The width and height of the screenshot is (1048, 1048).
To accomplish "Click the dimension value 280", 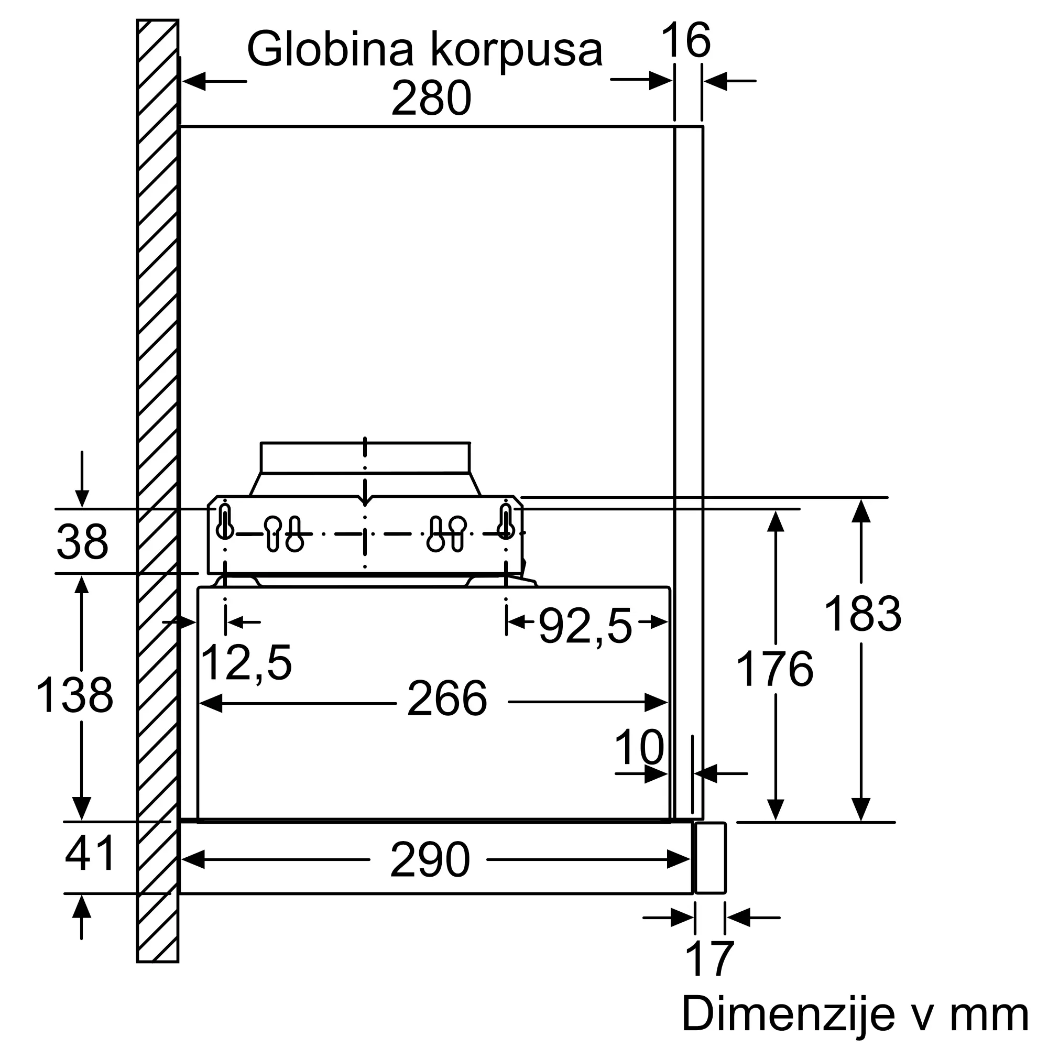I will [431, 99].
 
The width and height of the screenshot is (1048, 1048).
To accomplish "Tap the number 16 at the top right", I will [685, 41].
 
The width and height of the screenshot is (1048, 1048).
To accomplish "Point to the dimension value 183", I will [863, 614].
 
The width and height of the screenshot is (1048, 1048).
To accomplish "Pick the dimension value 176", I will [774, 669].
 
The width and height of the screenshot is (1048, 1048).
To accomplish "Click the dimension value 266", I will [447, 699].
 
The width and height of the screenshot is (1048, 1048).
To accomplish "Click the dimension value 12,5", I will [246, 662].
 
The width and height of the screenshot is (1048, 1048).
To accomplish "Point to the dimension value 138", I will [74, 695].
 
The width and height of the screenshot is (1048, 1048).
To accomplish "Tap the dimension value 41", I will [90, 853].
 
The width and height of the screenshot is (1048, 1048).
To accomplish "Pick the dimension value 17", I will [709, 959].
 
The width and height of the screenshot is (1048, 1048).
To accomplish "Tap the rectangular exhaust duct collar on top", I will [365, 458].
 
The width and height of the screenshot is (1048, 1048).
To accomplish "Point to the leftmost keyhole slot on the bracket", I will [225, 522].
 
